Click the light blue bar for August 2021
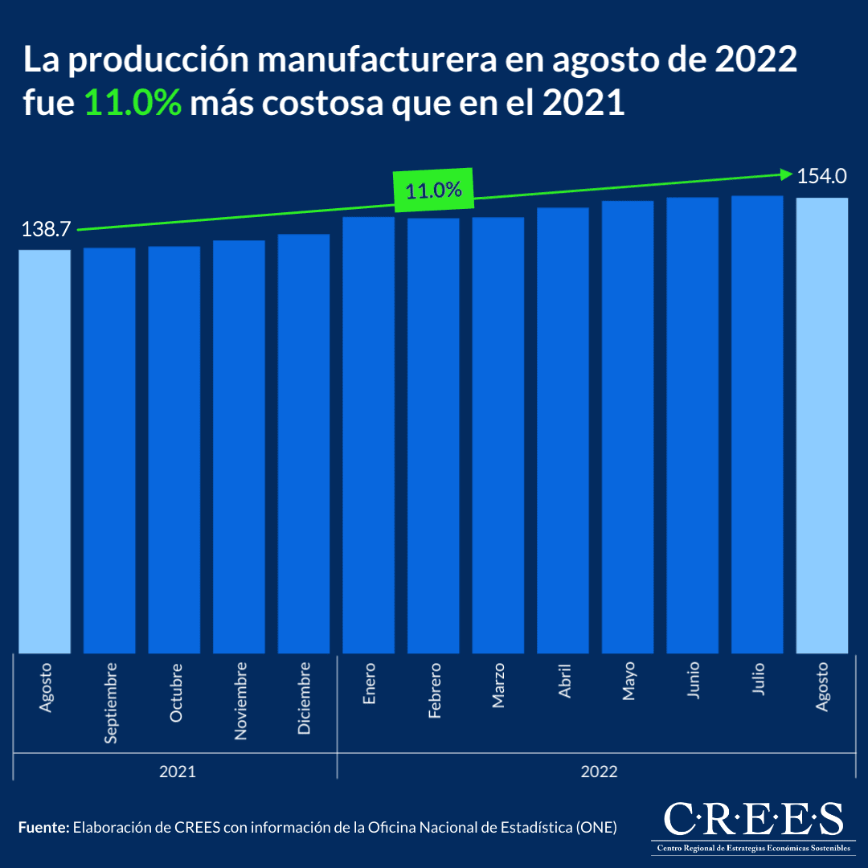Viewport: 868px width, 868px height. pyautogui.click(x=45, y=450)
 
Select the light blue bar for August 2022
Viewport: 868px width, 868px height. pyautogui.click(x=821, y=426)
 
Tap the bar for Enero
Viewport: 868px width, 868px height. pyautogui.click(x=369, y=434)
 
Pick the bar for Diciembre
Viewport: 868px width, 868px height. pyautogui.click(x=304, y=442)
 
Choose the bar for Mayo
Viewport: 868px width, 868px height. pyautogui.click(x=628, y=426)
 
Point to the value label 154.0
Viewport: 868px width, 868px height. pyautogui.click(x=822, y=176)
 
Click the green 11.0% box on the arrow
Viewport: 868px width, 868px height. pyautogui.click(x=433, y=190)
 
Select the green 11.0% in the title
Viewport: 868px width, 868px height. pyautogui.click(x=133, y=104)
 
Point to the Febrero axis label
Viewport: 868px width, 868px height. pyautogui.click(x=434, y=690)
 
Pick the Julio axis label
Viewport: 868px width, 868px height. pyautogui.click(x=758, y=679)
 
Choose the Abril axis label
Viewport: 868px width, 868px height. pyautogui.click(x=564, y=682)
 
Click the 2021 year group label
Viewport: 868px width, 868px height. pyautogui.click(x=177, y=772)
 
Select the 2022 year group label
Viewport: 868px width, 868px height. pyautogui.click(x=599, y=772)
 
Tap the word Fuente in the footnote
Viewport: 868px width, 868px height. pyautogui.click(x=43, y=827)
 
